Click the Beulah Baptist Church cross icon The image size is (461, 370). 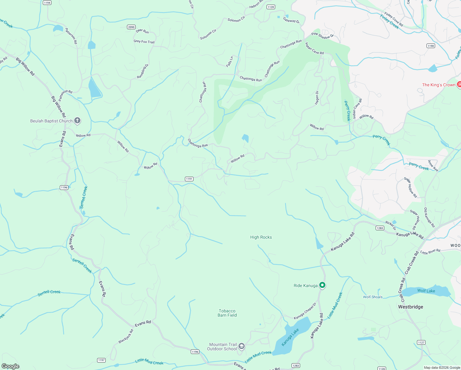pos(77,121)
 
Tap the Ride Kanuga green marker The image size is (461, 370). pos(322,285)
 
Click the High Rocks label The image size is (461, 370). pos(261,237)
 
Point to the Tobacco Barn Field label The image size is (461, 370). pos(227,313)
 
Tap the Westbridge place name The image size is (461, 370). pos(410,307)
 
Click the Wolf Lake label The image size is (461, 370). pos(426,291)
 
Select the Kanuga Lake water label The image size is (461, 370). pos(290,337)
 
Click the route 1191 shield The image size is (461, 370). pos(189,179)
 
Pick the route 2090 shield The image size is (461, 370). pos(131,27)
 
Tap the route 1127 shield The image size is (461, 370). pos(421,342)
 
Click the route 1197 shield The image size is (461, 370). pos(101,360)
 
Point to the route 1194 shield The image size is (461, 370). pos(47,3)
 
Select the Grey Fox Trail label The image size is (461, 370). pos(144,42)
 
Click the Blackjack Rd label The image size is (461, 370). pos(126,336)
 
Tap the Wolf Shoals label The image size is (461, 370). pos(373,297)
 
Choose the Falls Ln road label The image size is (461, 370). pos(230,62)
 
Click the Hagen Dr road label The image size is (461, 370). pos(317,98)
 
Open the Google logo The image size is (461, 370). pos(10,366)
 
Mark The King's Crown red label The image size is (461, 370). pos(439,85)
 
